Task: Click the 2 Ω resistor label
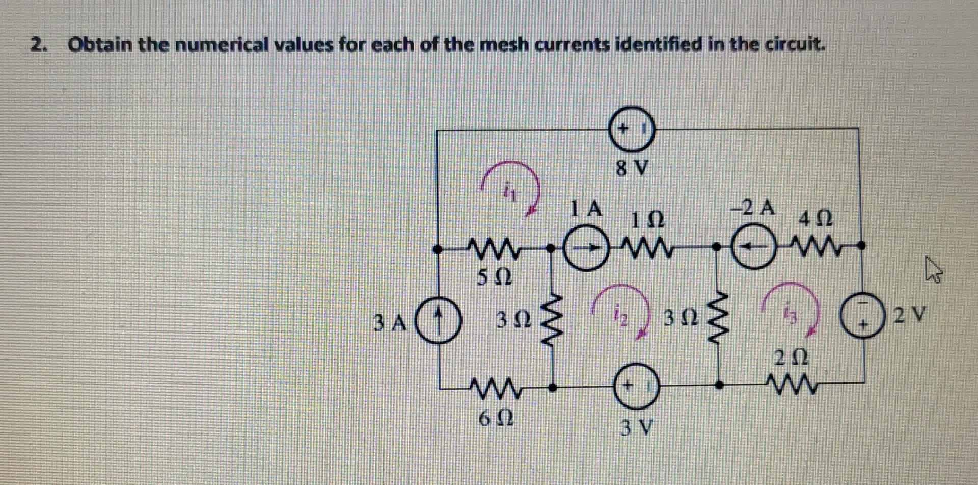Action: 792,358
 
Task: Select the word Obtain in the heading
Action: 100,45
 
